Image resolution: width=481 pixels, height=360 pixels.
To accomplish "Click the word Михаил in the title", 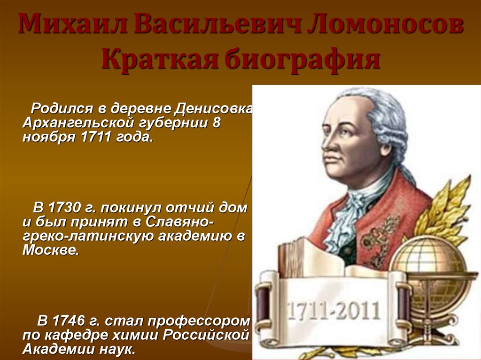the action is tap(73, 23).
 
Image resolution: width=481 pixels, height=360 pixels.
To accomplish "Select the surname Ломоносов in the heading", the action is tap(385, 23).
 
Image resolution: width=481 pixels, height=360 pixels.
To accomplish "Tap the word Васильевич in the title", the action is tap(217, 23).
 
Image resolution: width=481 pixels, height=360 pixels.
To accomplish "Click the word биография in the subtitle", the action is tap(303, 59).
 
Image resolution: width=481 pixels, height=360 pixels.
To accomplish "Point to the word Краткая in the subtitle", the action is tap(160, 58).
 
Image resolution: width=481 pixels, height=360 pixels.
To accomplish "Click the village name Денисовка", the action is tap(213, 108).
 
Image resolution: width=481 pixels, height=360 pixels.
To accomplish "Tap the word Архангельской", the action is tap(79, 123).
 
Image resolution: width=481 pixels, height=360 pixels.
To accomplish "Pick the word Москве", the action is tap(51, 250).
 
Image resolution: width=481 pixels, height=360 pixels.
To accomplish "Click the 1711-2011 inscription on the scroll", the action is tap(333, 311).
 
